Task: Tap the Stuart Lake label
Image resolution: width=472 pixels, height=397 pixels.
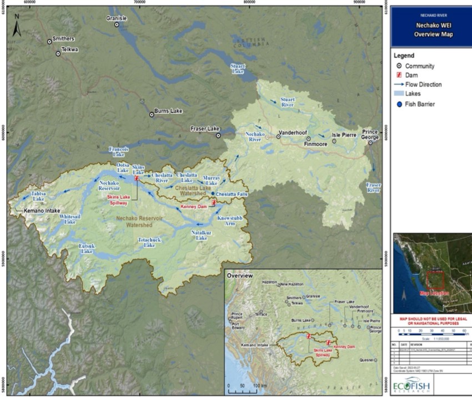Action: point(238,68)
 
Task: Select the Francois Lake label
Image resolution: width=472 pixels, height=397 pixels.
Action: point(118,152)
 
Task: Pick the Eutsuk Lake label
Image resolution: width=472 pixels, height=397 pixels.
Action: point(87,249)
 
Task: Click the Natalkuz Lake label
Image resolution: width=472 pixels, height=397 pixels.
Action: point(202,235)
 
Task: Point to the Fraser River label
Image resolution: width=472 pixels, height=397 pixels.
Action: point(373,187)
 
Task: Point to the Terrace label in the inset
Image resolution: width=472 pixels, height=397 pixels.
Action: point(261,314)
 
